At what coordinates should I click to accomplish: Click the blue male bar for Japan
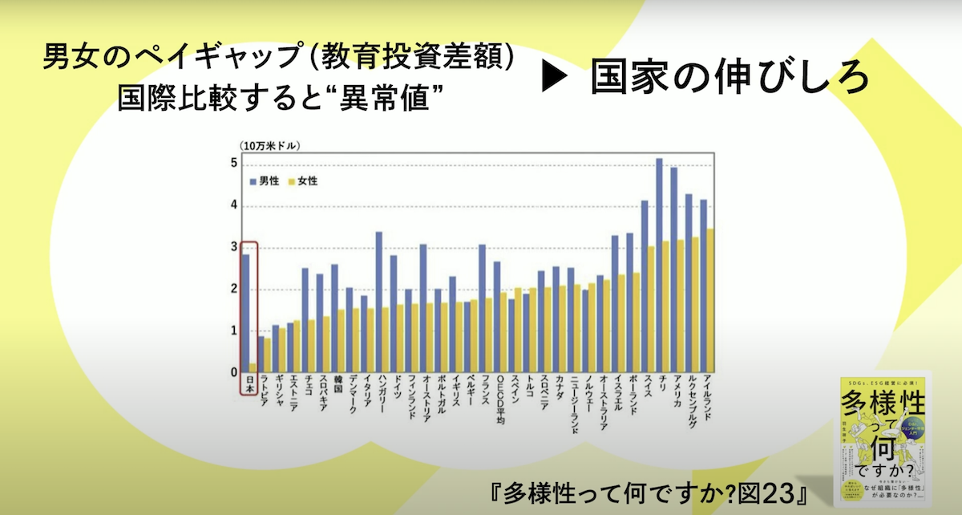245,313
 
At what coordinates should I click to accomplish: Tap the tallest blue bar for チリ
659,265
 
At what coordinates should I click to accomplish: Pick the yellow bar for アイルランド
710,301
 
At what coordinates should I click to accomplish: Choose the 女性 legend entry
303,181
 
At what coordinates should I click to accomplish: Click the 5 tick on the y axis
234,164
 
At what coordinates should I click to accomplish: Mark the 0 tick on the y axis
234,373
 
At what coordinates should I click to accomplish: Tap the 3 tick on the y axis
234,248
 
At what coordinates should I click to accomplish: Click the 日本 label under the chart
249,386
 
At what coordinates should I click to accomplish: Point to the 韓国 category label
337,387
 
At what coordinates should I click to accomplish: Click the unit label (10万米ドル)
268,145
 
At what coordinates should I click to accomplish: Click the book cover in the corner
883,438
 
